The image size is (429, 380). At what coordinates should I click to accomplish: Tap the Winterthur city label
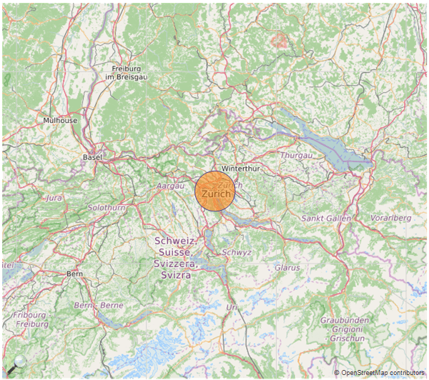240,169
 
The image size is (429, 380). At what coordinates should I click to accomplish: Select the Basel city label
93,156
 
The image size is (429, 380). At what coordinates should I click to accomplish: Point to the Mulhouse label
60,121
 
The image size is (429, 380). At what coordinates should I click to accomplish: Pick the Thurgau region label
296,155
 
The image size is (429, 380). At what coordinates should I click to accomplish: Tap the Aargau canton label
171,185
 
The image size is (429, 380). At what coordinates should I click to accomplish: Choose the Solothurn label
107,207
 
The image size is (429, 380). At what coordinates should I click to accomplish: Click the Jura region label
54,197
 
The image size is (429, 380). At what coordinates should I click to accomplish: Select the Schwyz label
237,252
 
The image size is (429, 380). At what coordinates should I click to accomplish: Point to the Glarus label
287,267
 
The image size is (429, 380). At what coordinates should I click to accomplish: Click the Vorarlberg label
391,217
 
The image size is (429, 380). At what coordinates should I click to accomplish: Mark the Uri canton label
231,306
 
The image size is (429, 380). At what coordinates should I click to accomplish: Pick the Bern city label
74,274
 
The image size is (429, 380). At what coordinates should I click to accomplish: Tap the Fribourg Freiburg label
32,319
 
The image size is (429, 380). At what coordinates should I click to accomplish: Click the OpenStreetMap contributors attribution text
382,373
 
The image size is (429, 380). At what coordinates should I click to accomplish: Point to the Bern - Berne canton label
99,305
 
